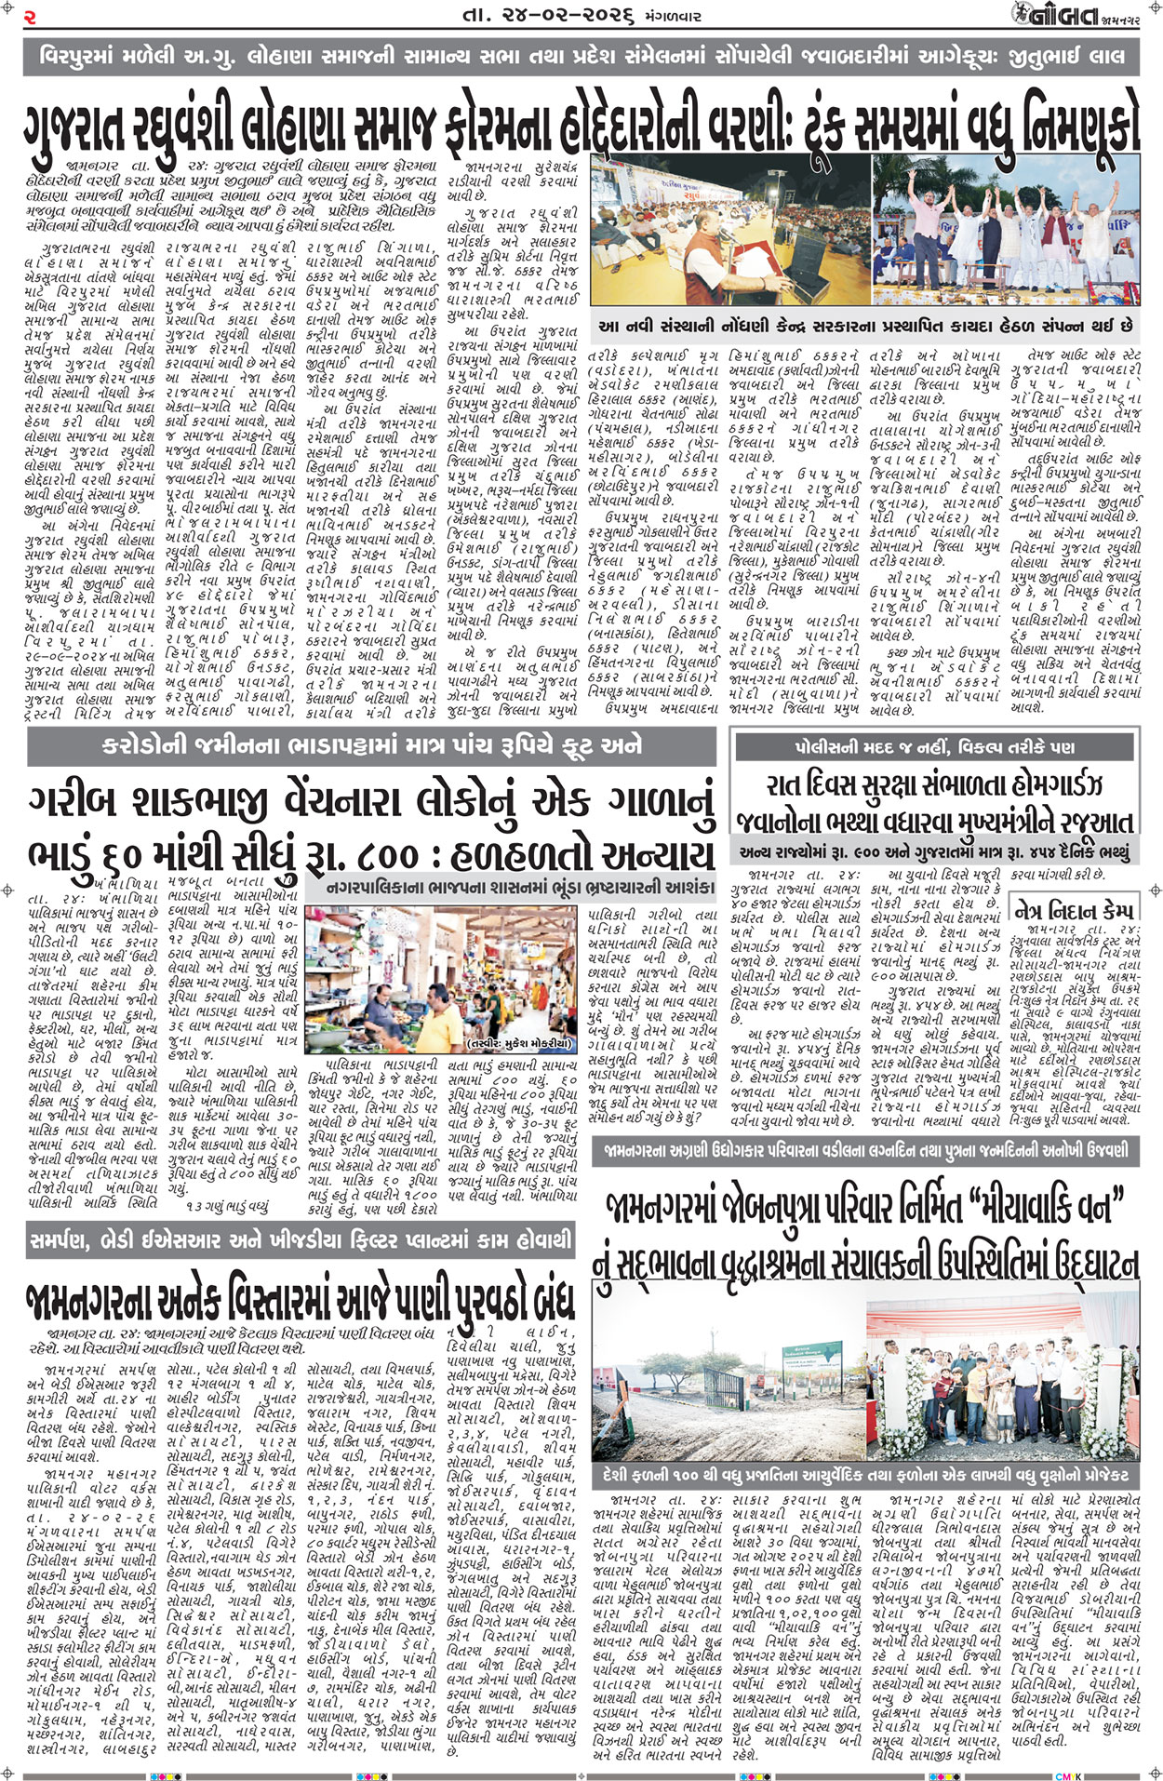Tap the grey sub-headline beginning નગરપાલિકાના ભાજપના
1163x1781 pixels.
click(520, 887)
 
